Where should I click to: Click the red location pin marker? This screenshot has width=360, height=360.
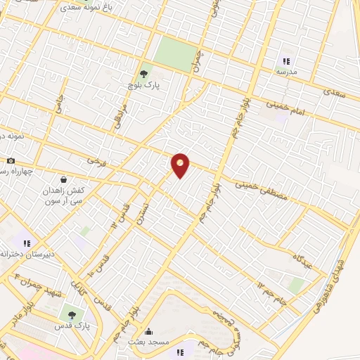pyautogui.click(x=181, y=165)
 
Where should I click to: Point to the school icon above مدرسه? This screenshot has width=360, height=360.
pyautogui.click(x=285, y=61)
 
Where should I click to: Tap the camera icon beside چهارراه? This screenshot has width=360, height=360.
pyautogui.click(x=11, y=161)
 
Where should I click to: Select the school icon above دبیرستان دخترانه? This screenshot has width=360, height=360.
pyautogui.click(x=27, y=243)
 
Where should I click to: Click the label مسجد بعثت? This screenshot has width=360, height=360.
pyautogui.click(x=148, y=341)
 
